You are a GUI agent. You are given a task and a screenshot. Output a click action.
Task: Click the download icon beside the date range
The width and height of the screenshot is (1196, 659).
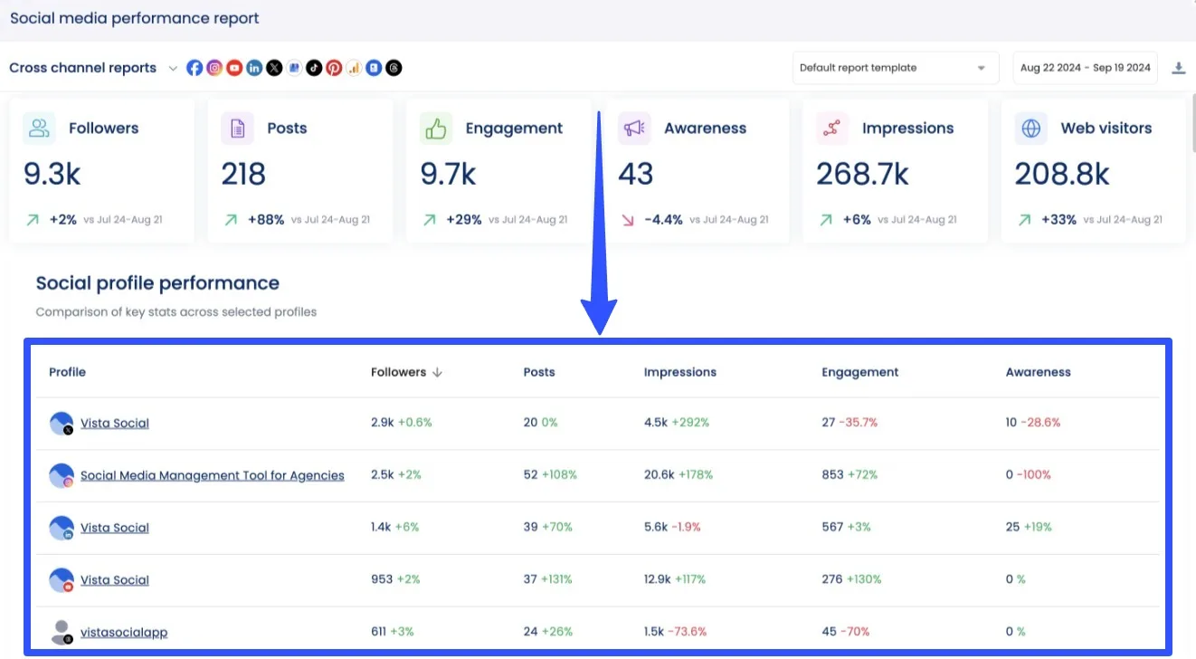(1178, 68)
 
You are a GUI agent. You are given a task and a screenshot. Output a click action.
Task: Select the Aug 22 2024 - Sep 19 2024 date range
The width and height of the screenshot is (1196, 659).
(1085, 68)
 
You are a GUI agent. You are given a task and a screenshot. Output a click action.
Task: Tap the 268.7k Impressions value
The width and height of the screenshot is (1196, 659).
(862, 173)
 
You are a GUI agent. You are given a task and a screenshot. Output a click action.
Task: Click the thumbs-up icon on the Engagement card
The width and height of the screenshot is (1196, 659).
(436, 129)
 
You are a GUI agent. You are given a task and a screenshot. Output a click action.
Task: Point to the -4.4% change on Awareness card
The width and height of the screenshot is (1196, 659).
(663, 219)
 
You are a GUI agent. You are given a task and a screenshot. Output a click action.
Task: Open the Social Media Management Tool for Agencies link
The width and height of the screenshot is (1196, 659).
(212, 475)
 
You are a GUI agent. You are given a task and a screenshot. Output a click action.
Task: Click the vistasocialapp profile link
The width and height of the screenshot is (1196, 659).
(124, 633)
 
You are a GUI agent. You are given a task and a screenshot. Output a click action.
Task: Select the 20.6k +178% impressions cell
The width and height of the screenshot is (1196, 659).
(678, 474)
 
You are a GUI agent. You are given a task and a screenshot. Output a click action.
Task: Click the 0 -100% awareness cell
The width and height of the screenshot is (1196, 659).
(1028, 474)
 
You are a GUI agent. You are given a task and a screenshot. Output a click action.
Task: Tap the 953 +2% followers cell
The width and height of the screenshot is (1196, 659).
(395, 579)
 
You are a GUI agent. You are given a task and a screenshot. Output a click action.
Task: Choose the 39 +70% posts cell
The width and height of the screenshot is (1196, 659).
(547, 527)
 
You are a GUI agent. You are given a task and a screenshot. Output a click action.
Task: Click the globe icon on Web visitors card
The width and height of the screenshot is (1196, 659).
(1030, 129)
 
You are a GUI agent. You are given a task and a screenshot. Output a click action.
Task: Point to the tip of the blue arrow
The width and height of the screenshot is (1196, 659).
(599, 333)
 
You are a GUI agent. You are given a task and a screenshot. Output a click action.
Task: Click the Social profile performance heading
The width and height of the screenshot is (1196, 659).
(157, 283)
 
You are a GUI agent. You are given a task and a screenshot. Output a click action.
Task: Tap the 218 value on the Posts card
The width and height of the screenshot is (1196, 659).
(243, 173)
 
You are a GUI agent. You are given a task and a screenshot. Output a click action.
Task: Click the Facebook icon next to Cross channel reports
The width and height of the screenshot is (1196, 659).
(195, 68)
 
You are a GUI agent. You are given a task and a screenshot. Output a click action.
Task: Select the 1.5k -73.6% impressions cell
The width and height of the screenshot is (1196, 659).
(675, 632)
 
